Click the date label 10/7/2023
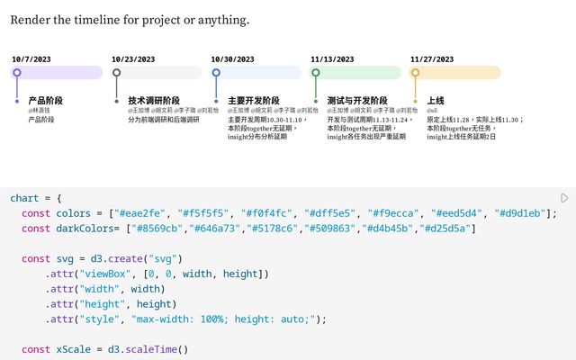tap(31, 59)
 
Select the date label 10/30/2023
tap(233, 59)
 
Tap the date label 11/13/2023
tap(333, 59)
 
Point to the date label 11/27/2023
tap(432, 59)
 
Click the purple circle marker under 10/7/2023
tap(17, 73)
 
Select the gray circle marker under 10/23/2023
tap(116, 73)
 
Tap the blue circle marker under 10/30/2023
tap(216, 73)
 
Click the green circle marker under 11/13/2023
tap(315, 73)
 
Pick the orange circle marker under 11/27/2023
tap(415, 73)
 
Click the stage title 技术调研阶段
tap(154, 100)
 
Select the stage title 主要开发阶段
tap(254, 100)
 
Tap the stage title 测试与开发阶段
tap(357, 100)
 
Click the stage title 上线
tap(436, 100)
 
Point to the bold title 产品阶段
tap(46, 100)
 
